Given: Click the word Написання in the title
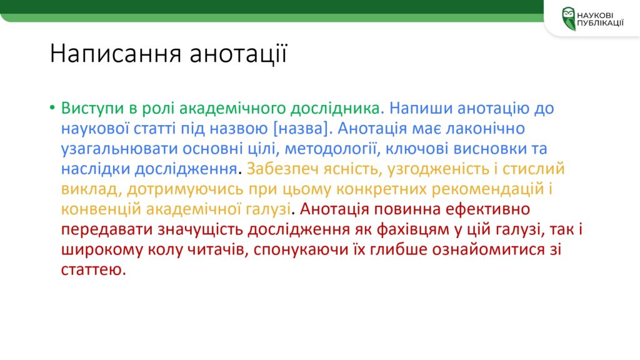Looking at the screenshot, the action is coord(115,54).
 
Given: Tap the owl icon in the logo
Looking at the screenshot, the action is coord(569,19).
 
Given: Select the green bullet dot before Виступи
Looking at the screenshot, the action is coord(52,107).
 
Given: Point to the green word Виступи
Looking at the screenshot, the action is coord(92,109).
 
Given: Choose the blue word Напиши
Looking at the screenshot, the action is coord(421,108).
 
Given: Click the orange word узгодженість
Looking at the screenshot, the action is coord(438,169).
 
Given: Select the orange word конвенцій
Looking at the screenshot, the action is coord(101,209).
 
